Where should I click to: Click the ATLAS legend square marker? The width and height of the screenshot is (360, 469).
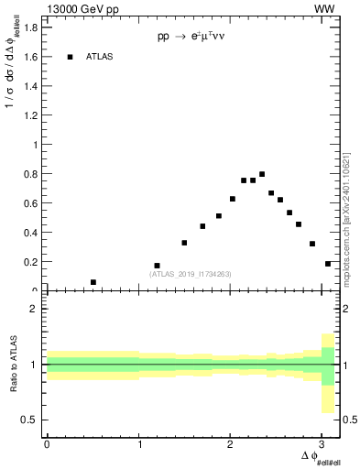tap(70, 57)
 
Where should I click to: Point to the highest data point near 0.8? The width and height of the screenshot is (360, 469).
tap(262, 174)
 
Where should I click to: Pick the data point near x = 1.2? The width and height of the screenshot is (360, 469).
tap(157, 266)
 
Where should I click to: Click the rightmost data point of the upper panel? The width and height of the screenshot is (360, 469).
tap(328, 264)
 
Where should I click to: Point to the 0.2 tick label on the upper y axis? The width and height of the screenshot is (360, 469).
tap(32, 262)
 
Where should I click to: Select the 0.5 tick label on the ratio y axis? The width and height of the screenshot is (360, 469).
tap(31, 420)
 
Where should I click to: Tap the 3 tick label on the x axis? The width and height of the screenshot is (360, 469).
tap(323, 443)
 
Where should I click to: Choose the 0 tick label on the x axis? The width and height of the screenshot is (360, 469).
tap(47, 443)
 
